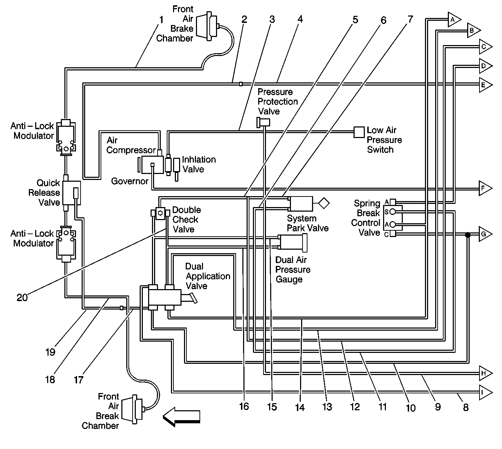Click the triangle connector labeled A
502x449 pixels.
pyautogui.click(x=454, y=19)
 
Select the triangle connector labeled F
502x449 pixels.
pyautogui.click(x=485, y=188)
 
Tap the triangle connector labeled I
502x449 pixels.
pyautogui.click(x=485, y=392)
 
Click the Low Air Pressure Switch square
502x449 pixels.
pyautogui.click(x=359, y=132)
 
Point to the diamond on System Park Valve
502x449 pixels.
pyautogui.click(x=324, y=203)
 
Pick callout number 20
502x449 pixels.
pyautogui.click(x=22, y=298)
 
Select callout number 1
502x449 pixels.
pyautogui.click(x=161, y=20)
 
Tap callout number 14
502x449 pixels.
pyautogui.click(x=300, y=407)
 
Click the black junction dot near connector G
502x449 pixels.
pyautogui.click(x=468, y=235)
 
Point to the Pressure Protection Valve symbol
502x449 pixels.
pyautogui.click(x=263, y=123)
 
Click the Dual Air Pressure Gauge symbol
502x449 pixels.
pyautogui.click(x=292, y=243)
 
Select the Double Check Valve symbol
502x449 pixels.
pyautogui.click(x=160, y=213)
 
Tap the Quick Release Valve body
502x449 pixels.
pyautogui.click(x=71, y=193)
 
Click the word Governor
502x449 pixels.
pyautogui.click(x=129, y=181)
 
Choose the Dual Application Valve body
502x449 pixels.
pyautogui.click(x=165, y=297)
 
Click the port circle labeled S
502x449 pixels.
pyautogui.click(x=393, y=212)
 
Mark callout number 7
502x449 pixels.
pyautogui.click(x=410, y=19)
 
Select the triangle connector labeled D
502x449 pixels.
pyautogui.click(x=485, y=66)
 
